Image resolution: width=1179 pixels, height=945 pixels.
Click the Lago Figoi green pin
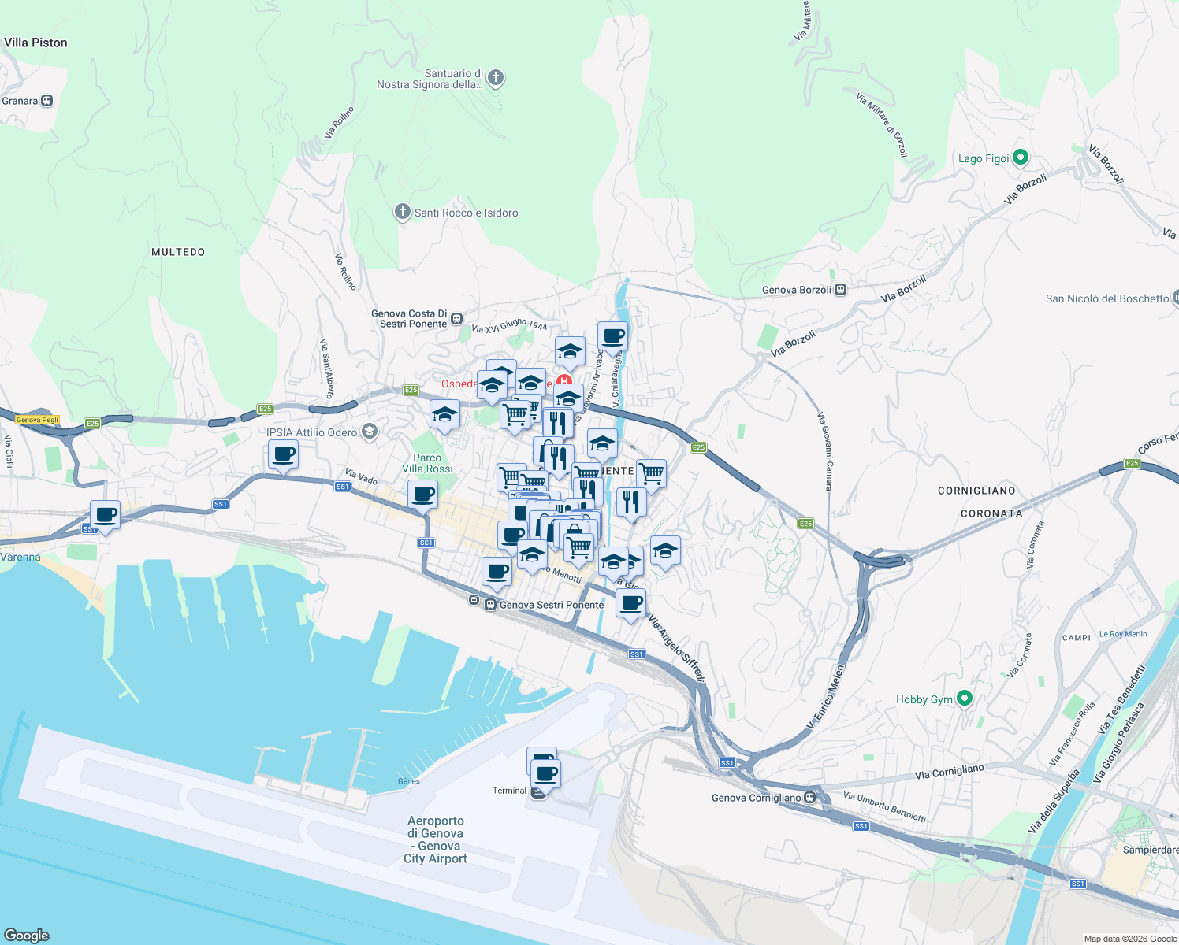tap(1020, 157)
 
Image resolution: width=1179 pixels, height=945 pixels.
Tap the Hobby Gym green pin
tap(964, 699)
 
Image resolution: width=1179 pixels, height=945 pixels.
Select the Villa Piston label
tap(35, 43)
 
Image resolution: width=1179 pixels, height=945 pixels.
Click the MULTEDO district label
tap(178, 252)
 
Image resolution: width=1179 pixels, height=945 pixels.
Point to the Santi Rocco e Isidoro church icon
tap(403, 212)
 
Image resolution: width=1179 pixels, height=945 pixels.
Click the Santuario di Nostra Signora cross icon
tap(495, 77)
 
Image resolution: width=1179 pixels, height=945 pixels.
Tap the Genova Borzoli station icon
tap(841, 290)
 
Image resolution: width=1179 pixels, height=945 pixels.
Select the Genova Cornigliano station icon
tap(810, 798)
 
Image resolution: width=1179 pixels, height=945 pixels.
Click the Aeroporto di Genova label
tap(436, 839)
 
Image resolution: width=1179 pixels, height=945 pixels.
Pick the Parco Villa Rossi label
tap(427, 463)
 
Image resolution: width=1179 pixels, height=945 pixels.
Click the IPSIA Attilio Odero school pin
tap(369, 432)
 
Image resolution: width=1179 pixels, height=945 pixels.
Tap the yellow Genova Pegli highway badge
tap(38, 420)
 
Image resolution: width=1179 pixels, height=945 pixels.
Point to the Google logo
tap(27, 935)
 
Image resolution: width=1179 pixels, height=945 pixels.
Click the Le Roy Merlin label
tap(1123, 634)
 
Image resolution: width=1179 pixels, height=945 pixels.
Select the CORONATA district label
tap(991, 513)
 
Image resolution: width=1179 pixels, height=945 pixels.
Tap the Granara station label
tap(20, 101)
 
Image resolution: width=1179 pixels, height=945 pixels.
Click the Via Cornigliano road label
tap(949, 772)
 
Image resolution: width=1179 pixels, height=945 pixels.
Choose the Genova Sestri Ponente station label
tap(551, 605)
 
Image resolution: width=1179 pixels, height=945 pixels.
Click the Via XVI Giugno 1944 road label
tap(509, 325)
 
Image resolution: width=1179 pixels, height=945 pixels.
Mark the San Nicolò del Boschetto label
tap(1106, 298)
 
